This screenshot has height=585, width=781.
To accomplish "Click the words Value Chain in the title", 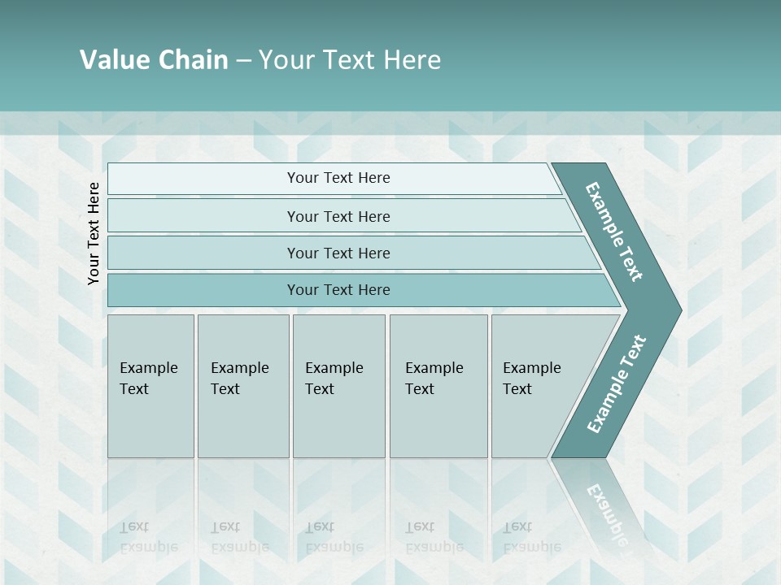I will coord(154,60).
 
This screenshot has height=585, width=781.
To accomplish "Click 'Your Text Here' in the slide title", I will coord(350,60).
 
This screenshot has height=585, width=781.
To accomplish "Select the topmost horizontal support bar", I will coord(203,179).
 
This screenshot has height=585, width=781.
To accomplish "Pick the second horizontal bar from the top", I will coord(203,216).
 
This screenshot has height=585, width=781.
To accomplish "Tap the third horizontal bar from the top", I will coord(203,253).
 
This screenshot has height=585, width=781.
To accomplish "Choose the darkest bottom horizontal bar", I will coord(203,290).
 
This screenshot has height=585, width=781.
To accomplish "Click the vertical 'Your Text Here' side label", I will coord(94,233).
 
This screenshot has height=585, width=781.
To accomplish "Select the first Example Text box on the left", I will coord(151,386).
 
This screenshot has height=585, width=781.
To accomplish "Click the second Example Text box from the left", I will coord(242,386).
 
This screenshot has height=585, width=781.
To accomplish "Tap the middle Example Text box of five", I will coord(338,386).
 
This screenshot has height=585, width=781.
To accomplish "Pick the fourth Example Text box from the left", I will coord(438,386).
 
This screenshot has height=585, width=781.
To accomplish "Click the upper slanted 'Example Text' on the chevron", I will coord(614,232).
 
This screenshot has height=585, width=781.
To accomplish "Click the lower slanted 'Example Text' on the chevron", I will coord(616,384).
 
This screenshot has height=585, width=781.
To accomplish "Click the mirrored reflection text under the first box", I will coord(148,537).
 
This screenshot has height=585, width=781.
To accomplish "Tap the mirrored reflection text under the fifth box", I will coord(531,537).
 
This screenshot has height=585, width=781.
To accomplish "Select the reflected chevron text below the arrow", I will coord(606,512).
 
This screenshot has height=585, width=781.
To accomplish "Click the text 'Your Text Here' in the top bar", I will coord(338,178).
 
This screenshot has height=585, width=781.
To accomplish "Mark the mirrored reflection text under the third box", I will coord(334,537).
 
